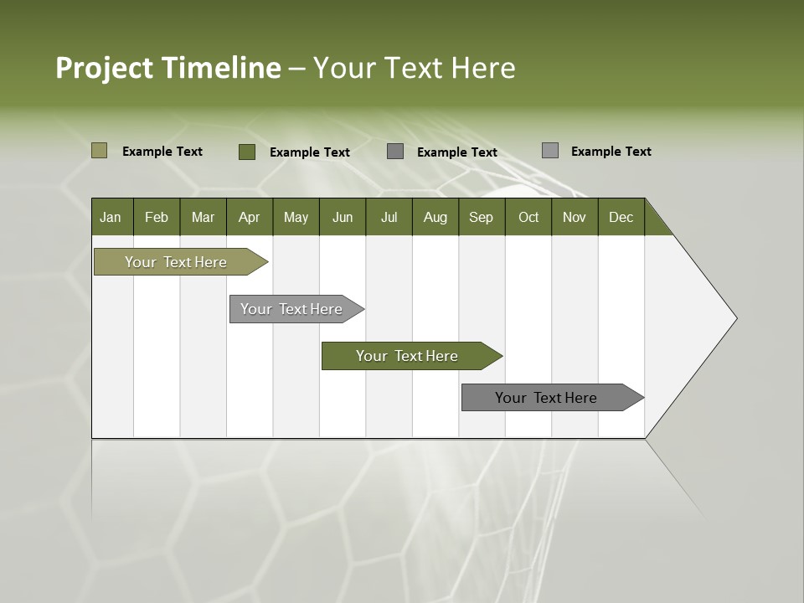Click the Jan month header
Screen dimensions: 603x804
111,217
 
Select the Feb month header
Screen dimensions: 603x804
157,217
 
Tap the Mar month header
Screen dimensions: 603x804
203,217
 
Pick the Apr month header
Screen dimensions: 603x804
249,217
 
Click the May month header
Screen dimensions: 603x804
296,217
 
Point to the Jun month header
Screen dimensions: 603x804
343,217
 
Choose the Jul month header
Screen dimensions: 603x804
389,217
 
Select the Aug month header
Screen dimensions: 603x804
435,217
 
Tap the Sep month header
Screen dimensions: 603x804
481,217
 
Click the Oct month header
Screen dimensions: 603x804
528,217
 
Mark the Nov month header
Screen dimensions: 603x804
575,217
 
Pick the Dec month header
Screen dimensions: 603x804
621,217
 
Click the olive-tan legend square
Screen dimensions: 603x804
99,151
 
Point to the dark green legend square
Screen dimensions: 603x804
246,152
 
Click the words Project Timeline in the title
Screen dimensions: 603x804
168,68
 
